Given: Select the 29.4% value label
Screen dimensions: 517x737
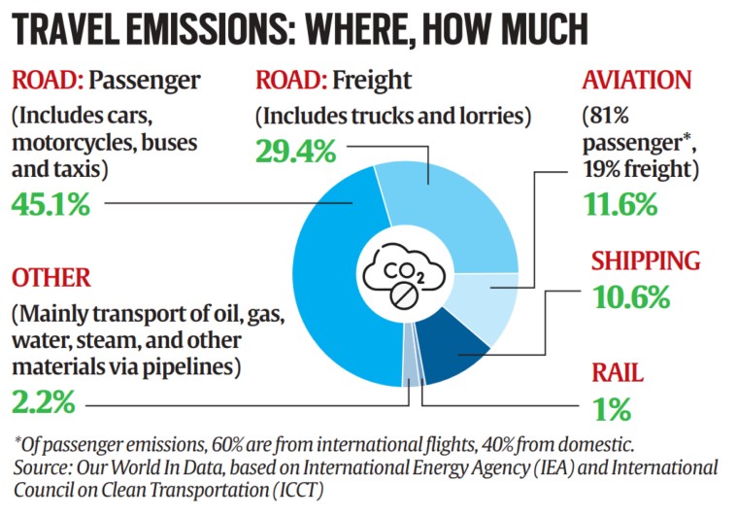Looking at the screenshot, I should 296,151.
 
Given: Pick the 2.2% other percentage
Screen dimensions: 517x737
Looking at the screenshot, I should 45,400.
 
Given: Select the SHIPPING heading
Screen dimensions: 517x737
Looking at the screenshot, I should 646,260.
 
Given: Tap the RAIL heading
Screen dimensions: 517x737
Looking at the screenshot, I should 618,373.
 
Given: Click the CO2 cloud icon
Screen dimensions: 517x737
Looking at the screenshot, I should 402,273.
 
